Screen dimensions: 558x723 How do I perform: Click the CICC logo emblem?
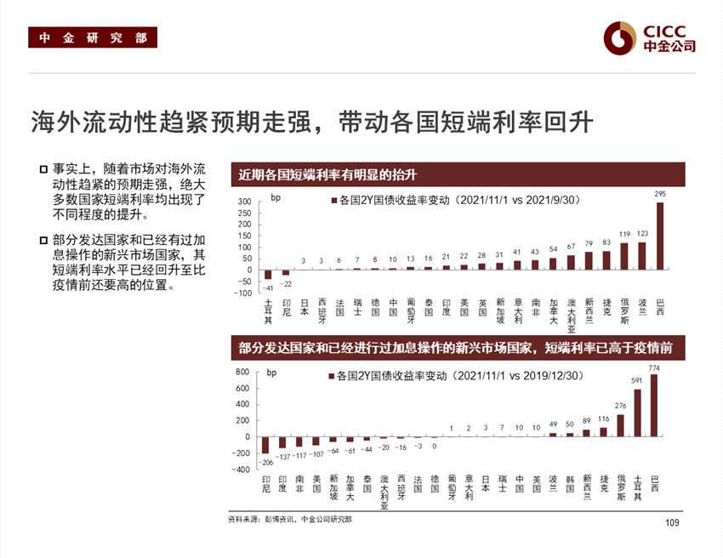(x=620, y=36)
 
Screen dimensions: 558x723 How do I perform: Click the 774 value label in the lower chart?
(x=654, y=367)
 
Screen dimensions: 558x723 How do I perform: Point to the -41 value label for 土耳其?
(x=267, y=288)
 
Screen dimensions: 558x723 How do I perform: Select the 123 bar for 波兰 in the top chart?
(x=641, y=256)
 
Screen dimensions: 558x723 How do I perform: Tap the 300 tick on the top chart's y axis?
(x=244, y=202)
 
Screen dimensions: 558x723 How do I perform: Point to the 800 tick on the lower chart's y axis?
(x=242, y=373)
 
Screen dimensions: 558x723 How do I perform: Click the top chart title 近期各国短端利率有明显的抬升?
(x=327, y=175)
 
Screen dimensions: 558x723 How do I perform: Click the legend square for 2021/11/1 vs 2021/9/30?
(x=333, y=202)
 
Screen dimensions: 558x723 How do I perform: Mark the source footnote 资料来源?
(x=289, y=519)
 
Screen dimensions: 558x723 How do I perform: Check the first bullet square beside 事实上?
(x=43, y=169)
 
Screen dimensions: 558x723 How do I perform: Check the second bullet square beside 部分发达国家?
(x=43, y=240)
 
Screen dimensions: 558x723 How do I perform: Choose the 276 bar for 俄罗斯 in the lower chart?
(x=620, y=425)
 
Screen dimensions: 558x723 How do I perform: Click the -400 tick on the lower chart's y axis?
(x=241, y=470)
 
